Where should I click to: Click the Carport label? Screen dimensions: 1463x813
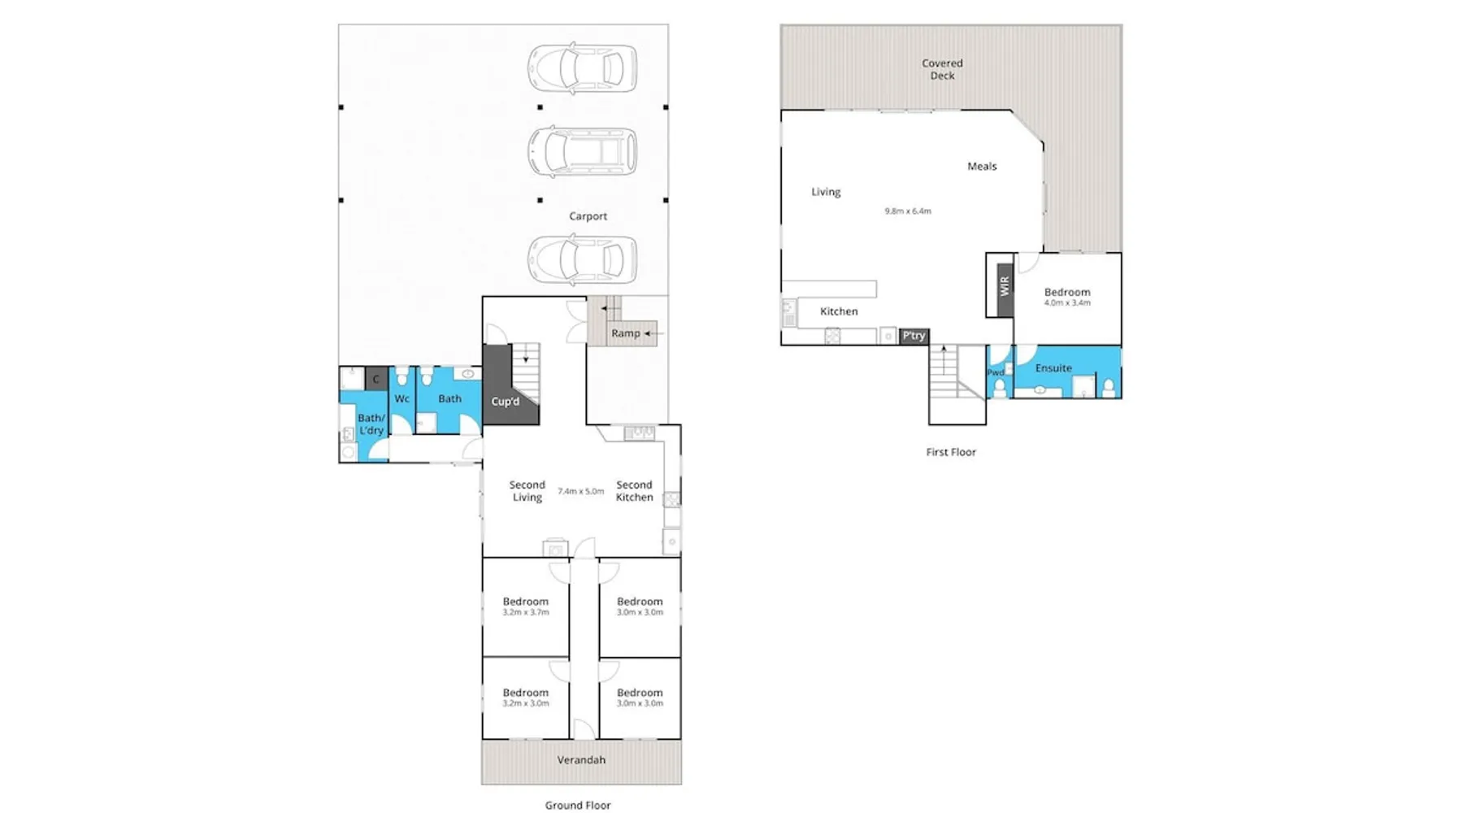point(588,216)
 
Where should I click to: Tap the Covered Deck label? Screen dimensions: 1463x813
point(942,69)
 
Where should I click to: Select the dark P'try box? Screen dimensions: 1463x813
point(914,336)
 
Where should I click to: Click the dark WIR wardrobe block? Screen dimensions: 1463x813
point(1005,286)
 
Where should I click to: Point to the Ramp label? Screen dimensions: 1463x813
point(625,333)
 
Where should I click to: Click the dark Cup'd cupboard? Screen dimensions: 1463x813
point(505,390)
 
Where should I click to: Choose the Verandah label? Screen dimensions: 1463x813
point(581,760)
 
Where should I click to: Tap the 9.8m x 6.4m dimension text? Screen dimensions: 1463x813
point(908,211)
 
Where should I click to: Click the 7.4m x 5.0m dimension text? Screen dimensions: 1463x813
point(580,491)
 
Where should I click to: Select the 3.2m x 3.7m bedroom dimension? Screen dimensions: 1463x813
point(526,612)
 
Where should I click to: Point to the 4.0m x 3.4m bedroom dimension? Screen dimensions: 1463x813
point(1067,302)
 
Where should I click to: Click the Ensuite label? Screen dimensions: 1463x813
point(1053,368)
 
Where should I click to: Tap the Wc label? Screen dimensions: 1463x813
point(402,399)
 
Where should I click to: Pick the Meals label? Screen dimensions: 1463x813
point(982,167)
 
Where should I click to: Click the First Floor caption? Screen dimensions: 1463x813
point(951,452)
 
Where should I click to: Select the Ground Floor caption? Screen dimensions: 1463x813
point(578,806)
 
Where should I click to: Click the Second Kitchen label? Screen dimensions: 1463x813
point(634,491)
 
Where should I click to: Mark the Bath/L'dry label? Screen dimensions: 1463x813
point(371,424)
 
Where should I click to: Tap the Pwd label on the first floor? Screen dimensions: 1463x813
point(996,373)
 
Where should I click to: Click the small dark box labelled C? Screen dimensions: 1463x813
point(376,379)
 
